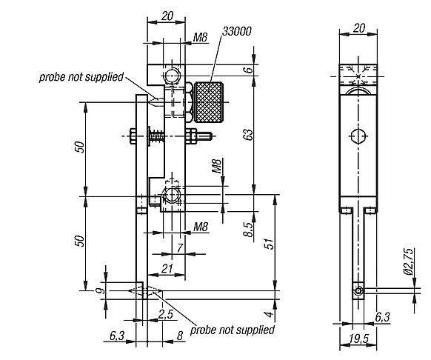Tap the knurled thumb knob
(211, 101)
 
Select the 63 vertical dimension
(249, 134)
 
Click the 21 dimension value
(167, 270)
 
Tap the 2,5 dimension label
(165, 314)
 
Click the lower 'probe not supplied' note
(232, 329)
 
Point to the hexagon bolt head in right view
(358, 136)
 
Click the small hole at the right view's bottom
(358, 291)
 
